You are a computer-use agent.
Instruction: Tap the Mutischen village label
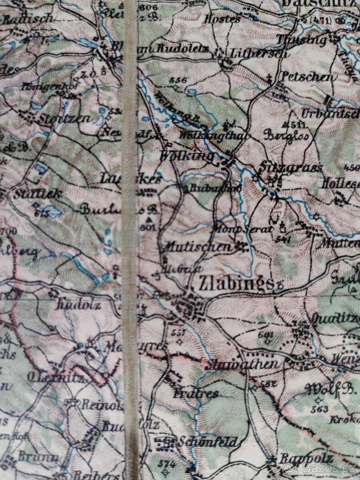tap(198, 246)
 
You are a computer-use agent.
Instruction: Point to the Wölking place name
tap(186, 156)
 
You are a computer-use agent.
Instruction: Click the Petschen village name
tap(307, 76)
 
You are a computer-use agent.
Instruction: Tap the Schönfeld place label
tap(208, 442)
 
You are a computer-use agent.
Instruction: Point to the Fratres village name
tap(196, 394)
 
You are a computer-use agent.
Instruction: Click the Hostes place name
tap(223, 18)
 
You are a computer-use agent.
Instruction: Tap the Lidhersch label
tap(259, 53)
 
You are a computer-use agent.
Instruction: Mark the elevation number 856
tap(178, 80)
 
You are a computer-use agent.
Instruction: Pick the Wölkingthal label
tap(214, 136)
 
